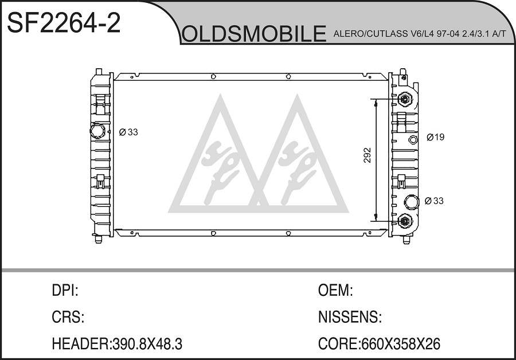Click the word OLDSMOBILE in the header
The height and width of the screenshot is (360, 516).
[254, 33]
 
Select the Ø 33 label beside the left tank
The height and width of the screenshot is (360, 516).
[128, 132]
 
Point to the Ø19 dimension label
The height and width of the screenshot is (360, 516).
[435, 137]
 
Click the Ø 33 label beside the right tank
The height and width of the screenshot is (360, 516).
[434, 201]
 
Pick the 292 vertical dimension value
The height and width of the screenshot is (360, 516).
[368, 155]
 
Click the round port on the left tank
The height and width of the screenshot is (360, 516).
[97, 131]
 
